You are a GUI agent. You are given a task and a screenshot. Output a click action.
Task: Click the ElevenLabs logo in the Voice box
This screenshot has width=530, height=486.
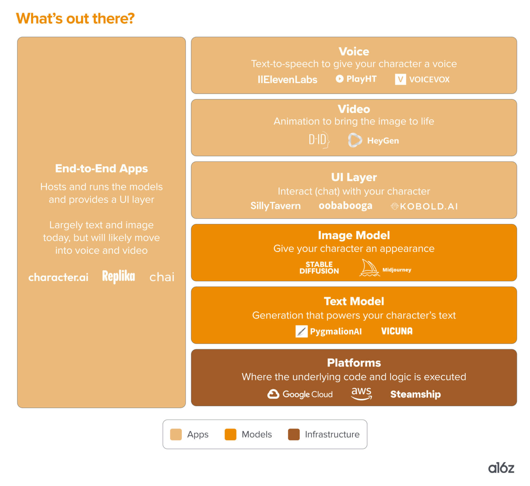(x=287, y=79)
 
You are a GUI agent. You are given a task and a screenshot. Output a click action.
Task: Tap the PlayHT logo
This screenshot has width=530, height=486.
(x=356, y=79)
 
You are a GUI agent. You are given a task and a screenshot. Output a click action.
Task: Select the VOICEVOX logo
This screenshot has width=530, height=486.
(x=422, y=79)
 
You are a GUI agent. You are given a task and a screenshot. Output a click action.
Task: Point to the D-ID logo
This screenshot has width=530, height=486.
(x=319, y=140)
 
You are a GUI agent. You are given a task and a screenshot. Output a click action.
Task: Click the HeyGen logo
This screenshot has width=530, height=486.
(x=373, y=141)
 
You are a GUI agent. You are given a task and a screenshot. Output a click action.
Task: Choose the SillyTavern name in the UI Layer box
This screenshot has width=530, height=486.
(x=275, y=206)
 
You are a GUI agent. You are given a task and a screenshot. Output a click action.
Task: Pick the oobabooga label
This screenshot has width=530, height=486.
(x=345, y=206)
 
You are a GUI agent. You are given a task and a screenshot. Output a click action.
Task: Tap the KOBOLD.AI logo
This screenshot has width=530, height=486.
(x=424, y=207)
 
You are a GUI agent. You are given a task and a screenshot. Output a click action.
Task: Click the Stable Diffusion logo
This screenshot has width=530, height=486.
(x=319, y=268)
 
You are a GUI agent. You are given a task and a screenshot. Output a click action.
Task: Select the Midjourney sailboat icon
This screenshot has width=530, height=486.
(x=369, y=268)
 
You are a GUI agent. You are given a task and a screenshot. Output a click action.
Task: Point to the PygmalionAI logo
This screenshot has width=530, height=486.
(x=328, y=331)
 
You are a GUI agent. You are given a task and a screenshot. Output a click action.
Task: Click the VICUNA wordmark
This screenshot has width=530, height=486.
(x=397, y=331)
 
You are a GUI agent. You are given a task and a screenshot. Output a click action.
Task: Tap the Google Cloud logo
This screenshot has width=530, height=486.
(x=300, y=394)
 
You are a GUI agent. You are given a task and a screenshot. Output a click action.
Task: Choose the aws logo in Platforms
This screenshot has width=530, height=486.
(x=362, y=393)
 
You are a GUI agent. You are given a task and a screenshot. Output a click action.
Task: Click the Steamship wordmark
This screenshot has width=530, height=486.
(x=415, y=394)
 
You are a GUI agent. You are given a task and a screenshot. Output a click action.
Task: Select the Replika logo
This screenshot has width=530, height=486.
(x=119, y=277)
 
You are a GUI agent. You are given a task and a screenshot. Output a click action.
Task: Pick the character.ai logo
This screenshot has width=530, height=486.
(x=58, y=277)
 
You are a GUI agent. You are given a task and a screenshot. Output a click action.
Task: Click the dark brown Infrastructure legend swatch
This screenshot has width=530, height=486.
(x=293, y=434)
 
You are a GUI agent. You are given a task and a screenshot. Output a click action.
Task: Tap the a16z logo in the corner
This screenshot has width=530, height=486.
(x=501, y=468)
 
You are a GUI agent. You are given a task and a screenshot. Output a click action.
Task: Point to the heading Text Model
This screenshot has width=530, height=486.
(x=354, y=301)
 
